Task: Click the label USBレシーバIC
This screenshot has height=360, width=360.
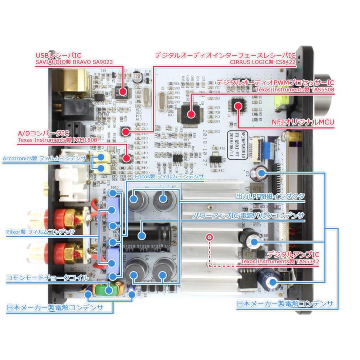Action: coord(60,56)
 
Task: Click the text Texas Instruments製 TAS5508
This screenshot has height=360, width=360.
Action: coord(295,90)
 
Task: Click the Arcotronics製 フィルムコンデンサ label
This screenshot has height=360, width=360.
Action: coord(44,159)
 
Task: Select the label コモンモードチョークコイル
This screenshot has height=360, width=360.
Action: coord(47,276)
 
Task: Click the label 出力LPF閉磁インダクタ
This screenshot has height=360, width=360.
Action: coord(270,197)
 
